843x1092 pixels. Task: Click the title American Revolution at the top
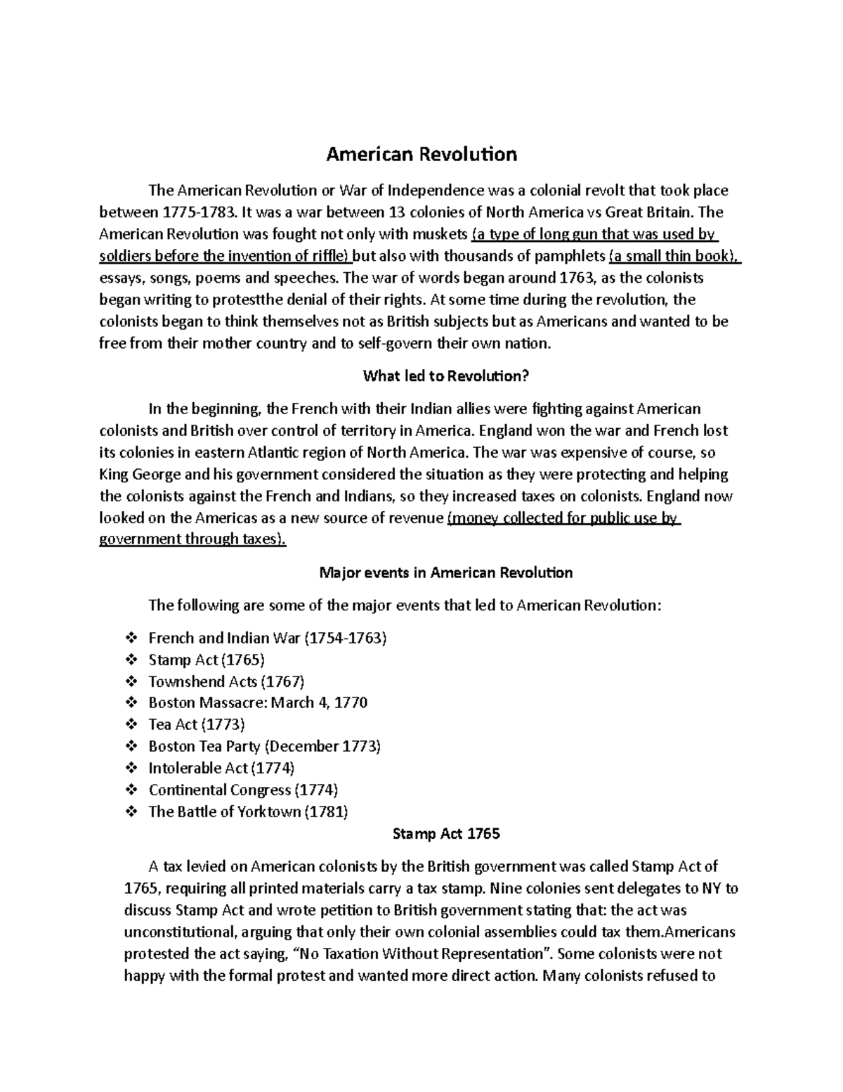click(x=421, y=155)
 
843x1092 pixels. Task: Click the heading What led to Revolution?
click(x=445, y=376)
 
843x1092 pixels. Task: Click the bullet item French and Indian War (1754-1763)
click(x=268, y=638)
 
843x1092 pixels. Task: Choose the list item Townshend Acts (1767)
click(x=226, y=681)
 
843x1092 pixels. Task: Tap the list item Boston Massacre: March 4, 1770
click(x=258, y=702)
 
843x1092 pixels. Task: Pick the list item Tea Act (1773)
click(x=197, y=724)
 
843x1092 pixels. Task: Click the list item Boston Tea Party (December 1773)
click(x=264, y=746)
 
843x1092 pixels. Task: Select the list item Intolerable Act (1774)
click(x=221, y=768)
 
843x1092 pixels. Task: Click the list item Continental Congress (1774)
click(x=243, y=790)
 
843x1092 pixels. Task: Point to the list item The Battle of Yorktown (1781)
click(x=248, y=811)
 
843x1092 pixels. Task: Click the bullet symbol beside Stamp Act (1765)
click(x=131, y=660)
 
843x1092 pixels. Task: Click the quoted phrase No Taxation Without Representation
click(x=422, y=954)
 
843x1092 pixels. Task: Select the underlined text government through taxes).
click(x=193, y=540)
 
